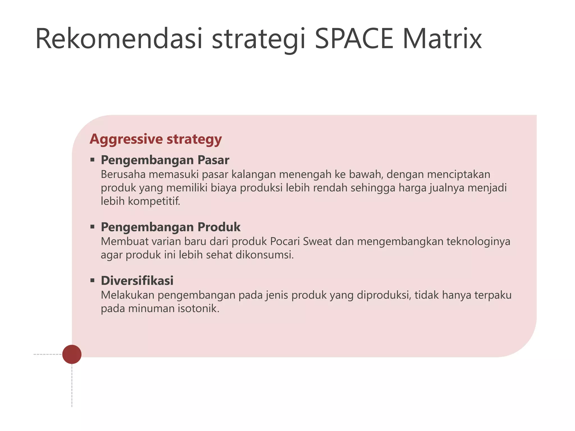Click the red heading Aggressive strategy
click(x=156, y=139)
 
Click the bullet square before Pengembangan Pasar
click(x=92, y=160)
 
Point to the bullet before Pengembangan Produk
click(x=92, y=227)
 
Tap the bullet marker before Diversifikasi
click(x=92, y=280)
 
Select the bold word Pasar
click(x=213, y=160)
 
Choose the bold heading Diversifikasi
click(x=137, y=281)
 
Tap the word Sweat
click(x=317, y=241)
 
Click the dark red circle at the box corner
click(x=72, y=354)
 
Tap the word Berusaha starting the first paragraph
click(x=123, y=175)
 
